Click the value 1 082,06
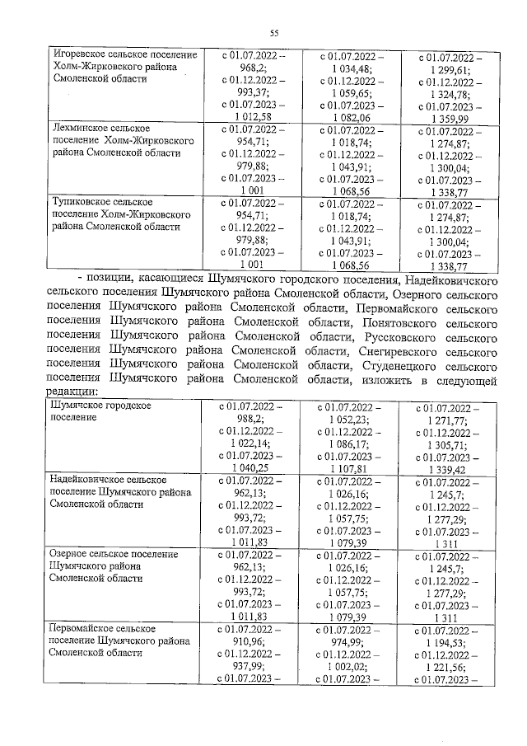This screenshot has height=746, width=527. (x=351, y=118)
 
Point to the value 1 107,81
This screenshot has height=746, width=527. (x=351, y=468)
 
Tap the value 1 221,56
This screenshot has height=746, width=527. (x=449, y=667)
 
